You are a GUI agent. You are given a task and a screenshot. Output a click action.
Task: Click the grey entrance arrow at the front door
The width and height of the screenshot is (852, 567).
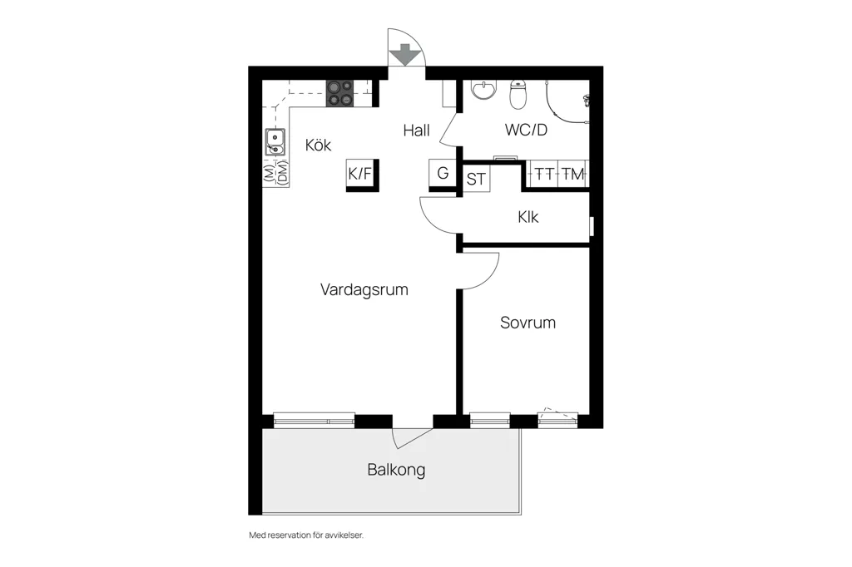(x=405, y=54)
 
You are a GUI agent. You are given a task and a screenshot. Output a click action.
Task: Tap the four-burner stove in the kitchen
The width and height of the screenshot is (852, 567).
(x=340, y=93)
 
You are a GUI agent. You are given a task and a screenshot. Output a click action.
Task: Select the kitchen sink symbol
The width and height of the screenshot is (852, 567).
(x=275, y=142)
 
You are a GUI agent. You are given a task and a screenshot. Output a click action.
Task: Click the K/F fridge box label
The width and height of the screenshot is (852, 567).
(x=359, y=174)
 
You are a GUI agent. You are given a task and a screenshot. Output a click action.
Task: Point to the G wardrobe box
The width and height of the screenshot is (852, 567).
(x=443, y=173)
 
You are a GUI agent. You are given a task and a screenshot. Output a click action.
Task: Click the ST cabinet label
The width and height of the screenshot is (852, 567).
(x=476, y=180)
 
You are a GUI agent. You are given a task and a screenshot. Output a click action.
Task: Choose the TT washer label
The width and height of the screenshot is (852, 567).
(x=544, y=174)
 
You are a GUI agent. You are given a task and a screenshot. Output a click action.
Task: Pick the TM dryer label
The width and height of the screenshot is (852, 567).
(x=572, y=174)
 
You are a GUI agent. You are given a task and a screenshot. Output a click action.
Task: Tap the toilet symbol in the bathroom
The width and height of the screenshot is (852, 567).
(x=518, y=94)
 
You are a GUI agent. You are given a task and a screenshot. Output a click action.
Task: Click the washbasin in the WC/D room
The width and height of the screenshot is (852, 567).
(x=483, y=90)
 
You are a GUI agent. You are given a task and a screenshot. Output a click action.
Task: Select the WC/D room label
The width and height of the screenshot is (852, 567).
(x=526, y=130)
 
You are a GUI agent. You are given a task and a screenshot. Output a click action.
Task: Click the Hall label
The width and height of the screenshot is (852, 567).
(x=417, y=131)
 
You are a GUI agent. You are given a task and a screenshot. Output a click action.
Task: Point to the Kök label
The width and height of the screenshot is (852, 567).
(x=318, y=145)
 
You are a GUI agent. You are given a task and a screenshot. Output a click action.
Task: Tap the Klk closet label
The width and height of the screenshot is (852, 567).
(x=528, y=217)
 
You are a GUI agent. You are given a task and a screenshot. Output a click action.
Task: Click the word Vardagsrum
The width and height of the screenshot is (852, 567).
(x=364, y=289)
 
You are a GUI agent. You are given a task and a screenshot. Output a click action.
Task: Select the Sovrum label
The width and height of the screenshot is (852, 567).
(x=528, y=323)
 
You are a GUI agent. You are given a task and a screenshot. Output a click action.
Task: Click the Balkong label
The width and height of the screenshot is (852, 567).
(x=396, y=470)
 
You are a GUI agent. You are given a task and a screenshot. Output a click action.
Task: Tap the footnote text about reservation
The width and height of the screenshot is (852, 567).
(x=306, y=535)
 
